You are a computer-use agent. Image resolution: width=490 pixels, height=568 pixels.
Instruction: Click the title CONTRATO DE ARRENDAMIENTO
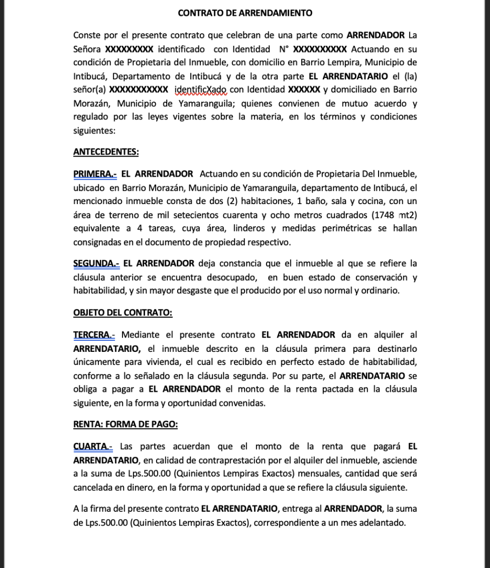[244, 13]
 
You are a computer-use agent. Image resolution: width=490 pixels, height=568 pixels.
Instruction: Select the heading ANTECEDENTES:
[106, 153]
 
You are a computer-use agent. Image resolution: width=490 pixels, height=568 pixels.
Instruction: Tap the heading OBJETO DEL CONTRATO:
[122, 312]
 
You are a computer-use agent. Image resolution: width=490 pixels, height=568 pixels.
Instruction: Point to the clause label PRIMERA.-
[95, 174]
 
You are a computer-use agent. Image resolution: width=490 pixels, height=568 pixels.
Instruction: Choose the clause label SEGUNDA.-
[96, 263]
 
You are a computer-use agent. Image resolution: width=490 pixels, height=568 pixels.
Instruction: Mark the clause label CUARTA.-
[93, 447]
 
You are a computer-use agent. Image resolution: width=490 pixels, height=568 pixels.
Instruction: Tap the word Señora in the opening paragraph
[87, 49]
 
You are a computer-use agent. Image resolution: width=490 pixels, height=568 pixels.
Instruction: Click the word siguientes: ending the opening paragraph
[94, 130]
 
